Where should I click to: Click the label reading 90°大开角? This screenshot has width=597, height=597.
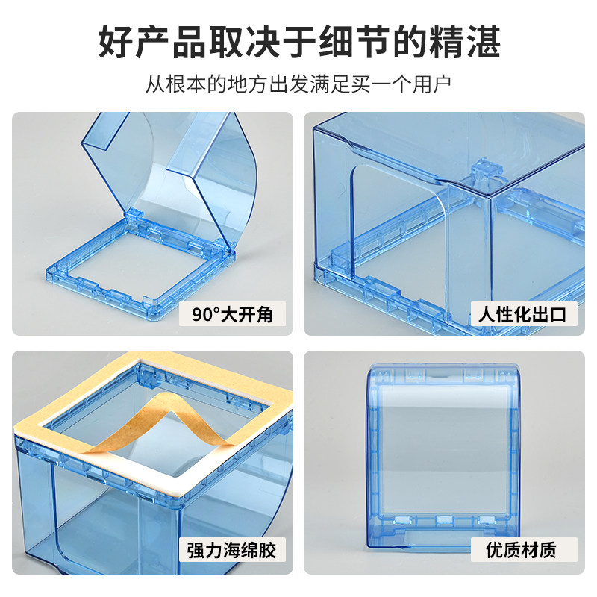tap(232, 314)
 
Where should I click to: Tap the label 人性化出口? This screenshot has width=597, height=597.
tap(523, 314)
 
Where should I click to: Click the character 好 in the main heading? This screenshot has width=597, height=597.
tap(116, 41)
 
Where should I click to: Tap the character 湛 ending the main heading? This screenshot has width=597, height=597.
tap(483, 41)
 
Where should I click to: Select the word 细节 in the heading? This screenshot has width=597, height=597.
tap(354, 41)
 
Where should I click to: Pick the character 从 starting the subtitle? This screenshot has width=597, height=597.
tap(155, 84)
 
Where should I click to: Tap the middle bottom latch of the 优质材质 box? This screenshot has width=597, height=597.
tap(444, 519)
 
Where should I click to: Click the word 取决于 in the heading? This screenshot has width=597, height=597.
tap(263, 41)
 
